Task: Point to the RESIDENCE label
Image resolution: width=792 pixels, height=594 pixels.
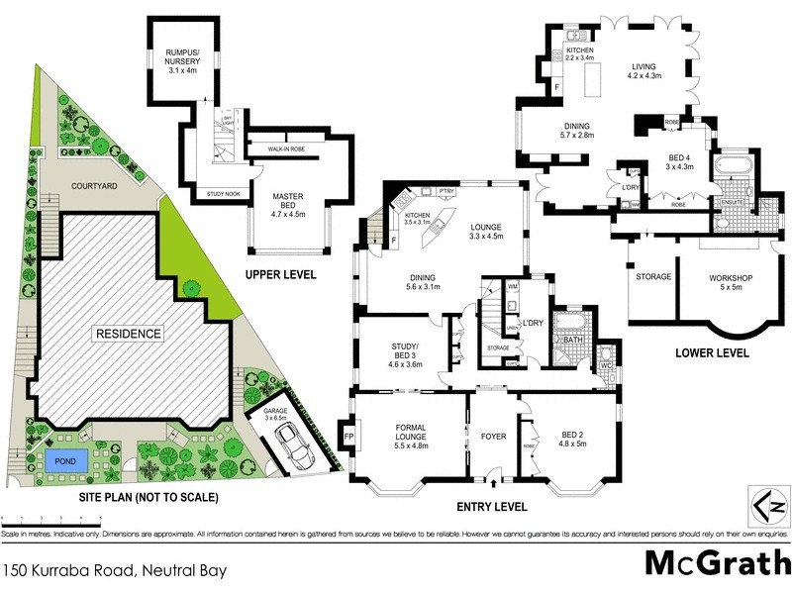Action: coord(127,334)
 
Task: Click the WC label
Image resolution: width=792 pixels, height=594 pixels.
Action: coord(605,366)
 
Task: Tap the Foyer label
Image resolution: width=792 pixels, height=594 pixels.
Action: coord(493,433)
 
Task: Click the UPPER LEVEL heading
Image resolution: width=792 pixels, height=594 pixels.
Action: coord(282,274)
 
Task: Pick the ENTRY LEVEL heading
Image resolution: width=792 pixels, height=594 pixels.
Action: coord(492,507)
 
